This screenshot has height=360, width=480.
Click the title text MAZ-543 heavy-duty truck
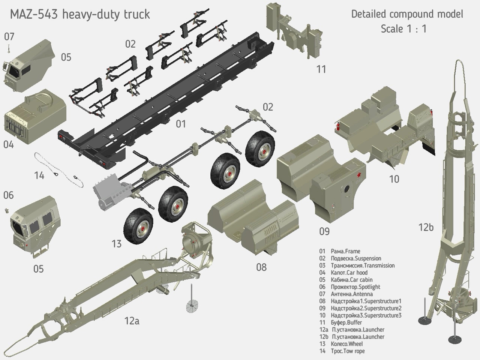(x=79, y=14)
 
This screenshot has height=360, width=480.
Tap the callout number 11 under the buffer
(x=321, y=69)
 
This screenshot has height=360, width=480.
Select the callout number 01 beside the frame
(x=181, y=124)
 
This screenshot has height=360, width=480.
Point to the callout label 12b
(x=426, y=227)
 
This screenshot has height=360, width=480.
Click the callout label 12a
(x=132, y=321)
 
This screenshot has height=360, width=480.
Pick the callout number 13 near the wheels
(x=117, y=244)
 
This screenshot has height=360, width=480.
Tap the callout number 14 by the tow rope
(x=39, y=175)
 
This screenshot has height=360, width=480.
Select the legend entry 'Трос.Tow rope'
(x=347, y=351)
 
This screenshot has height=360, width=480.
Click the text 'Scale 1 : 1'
(x=403, y=29)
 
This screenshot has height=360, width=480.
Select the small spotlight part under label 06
(x=6, y=211)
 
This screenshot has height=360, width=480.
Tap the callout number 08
(x=261, y=267)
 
